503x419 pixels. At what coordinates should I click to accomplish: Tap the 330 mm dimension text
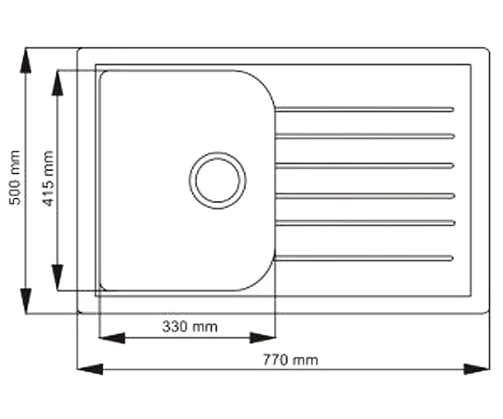point(189,327)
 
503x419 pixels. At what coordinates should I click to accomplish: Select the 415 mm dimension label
point(47,178)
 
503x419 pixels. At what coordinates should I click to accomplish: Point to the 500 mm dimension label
point(14,178)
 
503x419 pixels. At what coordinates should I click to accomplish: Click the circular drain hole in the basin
point(218,181)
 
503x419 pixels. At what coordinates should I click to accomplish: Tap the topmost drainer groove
point(364,109)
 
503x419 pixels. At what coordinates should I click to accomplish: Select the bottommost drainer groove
point(364,258)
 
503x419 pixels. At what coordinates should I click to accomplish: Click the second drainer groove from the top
point(365,136)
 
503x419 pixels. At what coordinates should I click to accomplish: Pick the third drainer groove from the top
point(365,166)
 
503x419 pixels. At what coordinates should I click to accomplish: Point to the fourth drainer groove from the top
point(365,196)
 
